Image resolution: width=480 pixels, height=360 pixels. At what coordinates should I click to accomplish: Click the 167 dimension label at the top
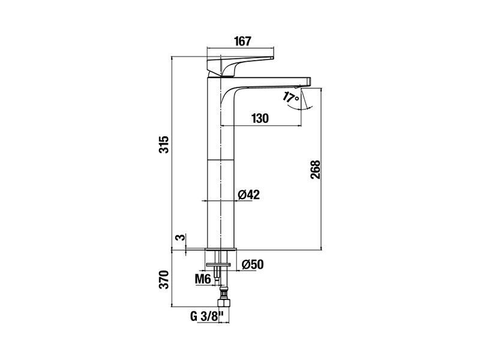tap(242, 41)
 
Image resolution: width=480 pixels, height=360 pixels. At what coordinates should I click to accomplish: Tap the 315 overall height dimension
tap(164, 144)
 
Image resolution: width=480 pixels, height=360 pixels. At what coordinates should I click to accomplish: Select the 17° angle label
tap(290, 97)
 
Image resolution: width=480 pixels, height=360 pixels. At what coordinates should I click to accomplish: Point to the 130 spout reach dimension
tap(260, 118)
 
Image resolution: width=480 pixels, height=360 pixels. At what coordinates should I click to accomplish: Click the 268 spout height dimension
tap(315, 170)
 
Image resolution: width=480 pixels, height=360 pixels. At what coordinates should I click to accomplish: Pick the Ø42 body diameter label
tap(248, 194)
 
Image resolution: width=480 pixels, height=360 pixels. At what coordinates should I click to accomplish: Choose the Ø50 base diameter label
tap(252, 265)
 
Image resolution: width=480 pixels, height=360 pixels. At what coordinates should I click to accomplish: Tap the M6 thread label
tap(203, 279)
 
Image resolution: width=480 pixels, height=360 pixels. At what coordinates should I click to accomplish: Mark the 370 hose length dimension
tap(164, 279)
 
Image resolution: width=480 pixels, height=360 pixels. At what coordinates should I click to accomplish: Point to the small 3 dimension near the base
tap(181, 237)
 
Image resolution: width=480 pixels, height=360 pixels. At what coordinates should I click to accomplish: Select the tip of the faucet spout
tap(310, 81)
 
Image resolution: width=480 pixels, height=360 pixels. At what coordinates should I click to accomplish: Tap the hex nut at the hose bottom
tap(223, 303)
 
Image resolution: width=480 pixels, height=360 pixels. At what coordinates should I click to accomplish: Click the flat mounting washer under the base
tap(218, 264)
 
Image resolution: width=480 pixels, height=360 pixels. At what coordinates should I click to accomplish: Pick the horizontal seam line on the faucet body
tap(221, 160)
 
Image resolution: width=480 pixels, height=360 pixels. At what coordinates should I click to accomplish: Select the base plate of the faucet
tap(221, 248)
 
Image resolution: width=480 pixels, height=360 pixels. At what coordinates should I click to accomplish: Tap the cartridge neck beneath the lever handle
tap(214, 74)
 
